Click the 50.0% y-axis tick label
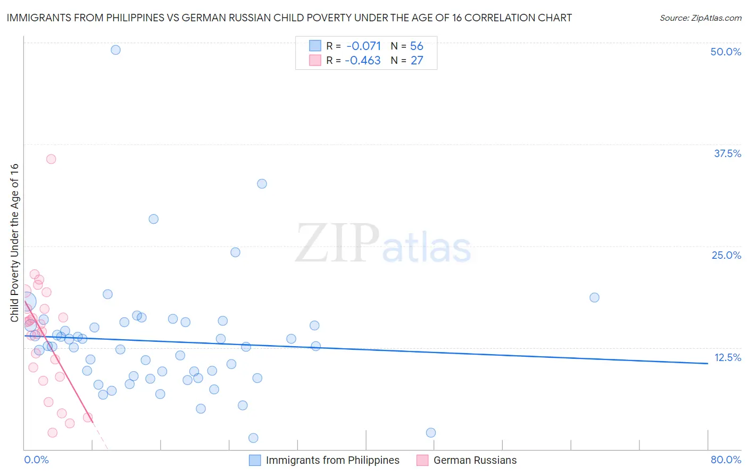[x=726, y=52]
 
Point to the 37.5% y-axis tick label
[x=727, y=153]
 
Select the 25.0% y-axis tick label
[x=726, y=255]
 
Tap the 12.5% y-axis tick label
[x=727, y=357]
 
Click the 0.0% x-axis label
[x=36, y=460]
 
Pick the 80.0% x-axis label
[x=726, y=460]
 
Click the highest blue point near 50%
[x=115, y=50]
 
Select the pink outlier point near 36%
[x=51, y=159]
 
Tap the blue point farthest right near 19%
[x=594, y=298]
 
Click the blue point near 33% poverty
[x=262, y=184]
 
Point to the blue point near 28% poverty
[x=154, y=219]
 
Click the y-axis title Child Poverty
[x=15, y=243]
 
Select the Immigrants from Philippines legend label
[x=333, y=460]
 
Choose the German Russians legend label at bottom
[x=475, y=460]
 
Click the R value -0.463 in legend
[x=362, y=61]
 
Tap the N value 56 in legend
[x=417, y=46]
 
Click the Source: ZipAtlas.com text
[x=700, y=18]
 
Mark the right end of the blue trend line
[x=708, y=363]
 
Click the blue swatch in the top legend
[x=315, y=46]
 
